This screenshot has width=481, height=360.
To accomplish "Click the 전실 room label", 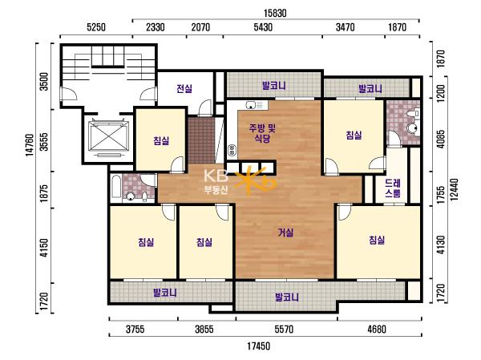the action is point(184,89).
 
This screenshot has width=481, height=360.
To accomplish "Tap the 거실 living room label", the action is point(285,233).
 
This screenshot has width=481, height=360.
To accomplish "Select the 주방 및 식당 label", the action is point(262,133).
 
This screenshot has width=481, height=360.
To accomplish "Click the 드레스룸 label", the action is point(393,188).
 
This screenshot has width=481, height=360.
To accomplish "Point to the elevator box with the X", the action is point(108,136).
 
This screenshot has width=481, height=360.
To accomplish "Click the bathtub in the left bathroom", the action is point(116,187).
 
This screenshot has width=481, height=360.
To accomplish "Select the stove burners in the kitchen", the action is point(232,150).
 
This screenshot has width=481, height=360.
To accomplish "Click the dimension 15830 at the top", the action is point(275,13).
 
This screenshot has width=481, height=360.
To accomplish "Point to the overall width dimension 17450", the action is point(259,346).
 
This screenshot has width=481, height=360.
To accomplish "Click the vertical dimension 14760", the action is point(30,145).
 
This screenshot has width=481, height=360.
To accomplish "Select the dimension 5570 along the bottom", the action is point(284,330).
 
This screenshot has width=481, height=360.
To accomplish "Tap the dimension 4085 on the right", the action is point(441,139).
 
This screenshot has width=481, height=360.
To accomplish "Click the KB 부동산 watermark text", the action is point(216,182).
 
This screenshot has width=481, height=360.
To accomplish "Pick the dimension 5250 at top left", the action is point(96,27).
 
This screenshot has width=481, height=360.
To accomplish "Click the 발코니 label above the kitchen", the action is point(274,85).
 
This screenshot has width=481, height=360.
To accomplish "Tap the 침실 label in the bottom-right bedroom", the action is point(377,240).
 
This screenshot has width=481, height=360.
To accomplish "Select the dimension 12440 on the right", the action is point(455,189).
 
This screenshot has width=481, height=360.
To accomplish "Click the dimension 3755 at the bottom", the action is point(135,330).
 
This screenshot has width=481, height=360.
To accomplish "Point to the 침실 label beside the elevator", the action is point(161,140).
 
